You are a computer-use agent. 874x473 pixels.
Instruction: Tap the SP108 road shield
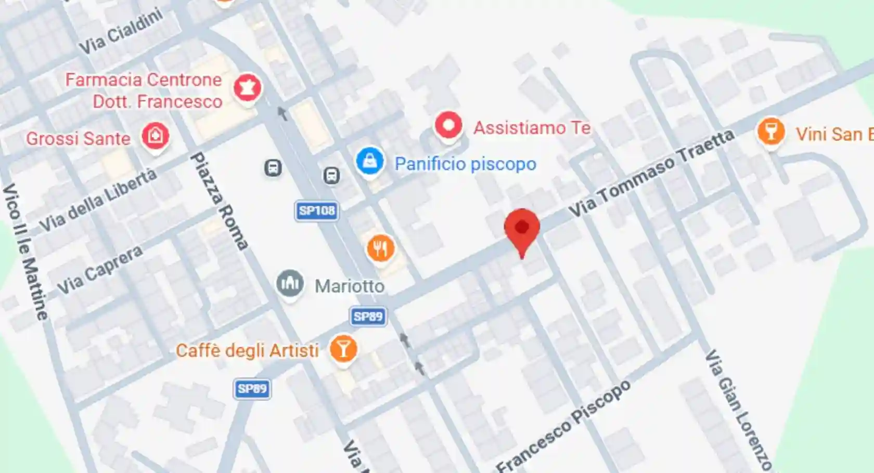point(316,211)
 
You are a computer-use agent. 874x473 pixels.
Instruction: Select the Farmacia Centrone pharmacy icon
point(247,88)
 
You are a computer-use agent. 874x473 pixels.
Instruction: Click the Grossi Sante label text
point(78,139)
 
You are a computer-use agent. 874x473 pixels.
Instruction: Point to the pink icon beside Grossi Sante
point(155,136)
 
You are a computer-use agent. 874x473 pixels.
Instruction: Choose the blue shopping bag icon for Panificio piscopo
point(370,161)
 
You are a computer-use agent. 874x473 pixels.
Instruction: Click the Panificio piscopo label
point(465,164)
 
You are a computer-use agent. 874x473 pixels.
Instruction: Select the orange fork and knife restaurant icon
point(380,248)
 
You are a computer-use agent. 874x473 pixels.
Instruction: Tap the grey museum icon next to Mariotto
point(290,283)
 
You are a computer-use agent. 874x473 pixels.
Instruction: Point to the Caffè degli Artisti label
point(247,351)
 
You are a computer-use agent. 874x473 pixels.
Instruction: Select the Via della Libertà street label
point(98,200)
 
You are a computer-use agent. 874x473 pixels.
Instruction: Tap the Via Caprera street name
point(99,270)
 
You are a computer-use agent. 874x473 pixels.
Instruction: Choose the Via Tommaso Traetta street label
point(651,174)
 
